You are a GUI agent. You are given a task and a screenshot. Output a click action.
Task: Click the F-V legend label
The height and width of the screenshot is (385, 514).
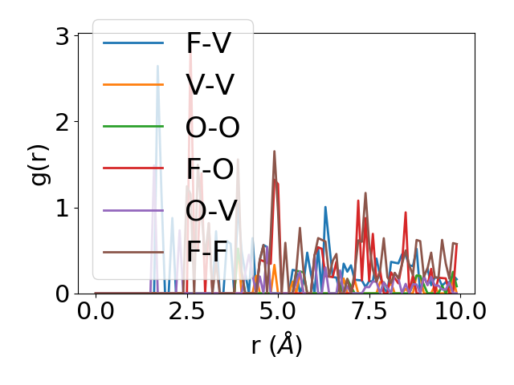208,43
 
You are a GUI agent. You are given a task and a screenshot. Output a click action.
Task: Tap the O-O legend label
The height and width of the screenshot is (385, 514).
213,127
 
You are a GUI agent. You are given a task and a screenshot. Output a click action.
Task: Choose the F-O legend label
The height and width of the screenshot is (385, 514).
210,168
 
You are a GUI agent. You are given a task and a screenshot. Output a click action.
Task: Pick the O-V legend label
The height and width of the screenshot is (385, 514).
212,210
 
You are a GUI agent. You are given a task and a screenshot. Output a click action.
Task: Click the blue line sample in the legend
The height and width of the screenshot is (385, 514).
134,43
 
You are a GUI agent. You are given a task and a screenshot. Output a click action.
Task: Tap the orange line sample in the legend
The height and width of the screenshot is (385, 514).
134,85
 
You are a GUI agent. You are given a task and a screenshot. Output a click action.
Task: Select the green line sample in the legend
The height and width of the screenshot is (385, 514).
134,127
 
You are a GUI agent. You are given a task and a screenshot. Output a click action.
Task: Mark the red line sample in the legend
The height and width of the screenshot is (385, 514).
134,168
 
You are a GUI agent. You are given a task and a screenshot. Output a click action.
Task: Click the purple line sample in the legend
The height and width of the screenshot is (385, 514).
134,210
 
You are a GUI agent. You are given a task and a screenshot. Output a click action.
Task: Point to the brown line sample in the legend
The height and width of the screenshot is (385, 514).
134,252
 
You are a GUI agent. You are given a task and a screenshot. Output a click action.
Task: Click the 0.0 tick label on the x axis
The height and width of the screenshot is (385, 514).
96,313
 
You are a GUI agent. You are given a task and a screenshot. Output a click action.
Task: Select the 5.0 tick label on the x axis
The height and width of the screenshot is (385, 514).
278,313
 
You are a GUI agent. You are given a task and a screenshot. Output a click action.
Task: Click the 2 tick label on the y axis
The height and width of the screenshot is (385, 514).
63,122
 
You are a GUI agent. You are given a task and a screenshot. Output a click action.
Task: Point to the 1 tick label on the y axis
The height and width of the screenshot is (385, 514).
63,208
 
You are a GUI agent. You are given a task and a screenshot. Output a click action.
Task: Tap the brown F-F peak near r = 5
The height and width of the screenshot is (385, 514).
275,152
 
